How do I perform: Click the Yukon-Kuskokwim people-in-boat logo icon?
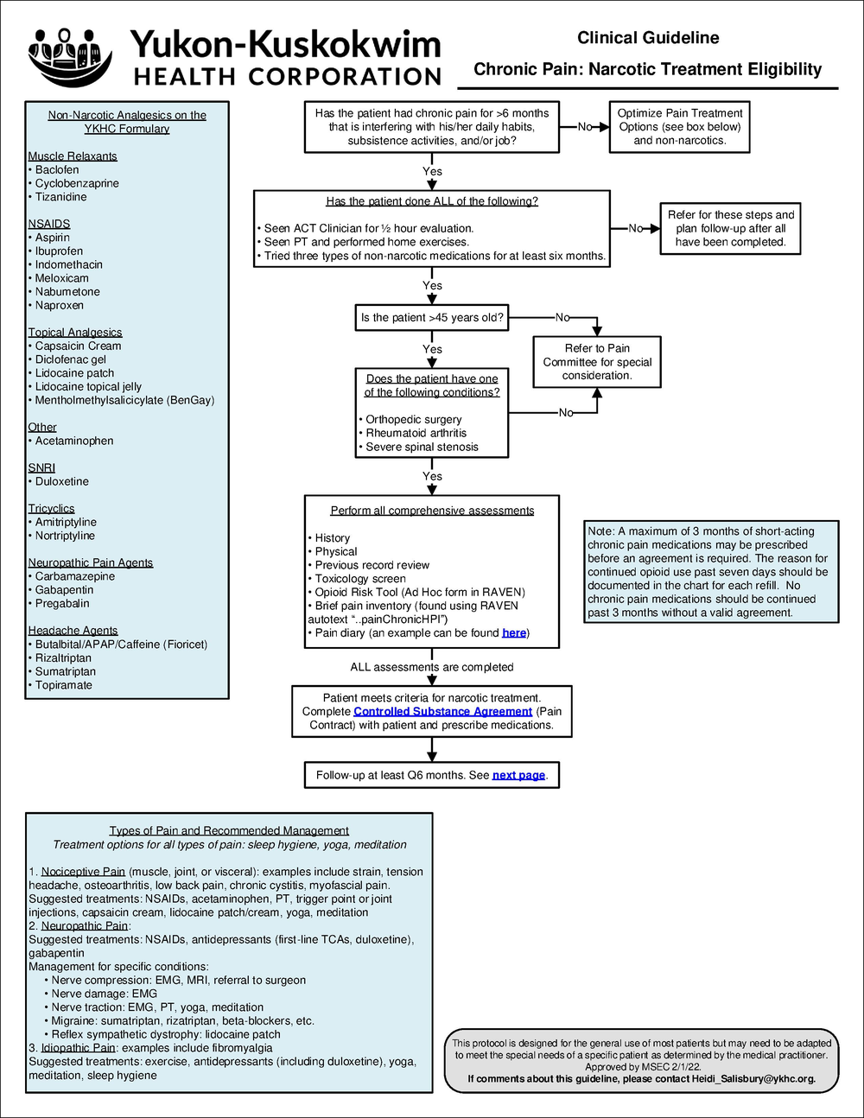coord(70,56)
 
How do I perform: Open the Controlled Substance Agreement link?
coord(442,711)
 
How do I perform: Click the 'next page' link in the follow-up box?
coord(518,775)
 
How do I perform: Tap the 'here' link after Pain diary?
coord(514,633)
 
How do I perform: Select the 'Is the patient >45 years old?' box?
coord(432,318)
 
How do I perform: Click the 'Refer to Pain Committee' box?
coord(597,362)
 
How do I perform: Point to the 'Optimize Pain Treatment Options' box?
coord(679,127)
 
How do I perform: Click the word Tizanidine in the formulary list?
coord(60,197)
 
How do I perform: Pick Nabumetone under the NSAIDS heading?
coord(67,292)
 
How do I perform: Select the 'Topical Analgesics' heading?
coord(75,333)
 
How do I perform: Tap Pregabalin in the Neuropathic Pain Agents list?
coord(62,604)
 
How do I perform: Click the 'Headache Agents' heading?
coord(73,631)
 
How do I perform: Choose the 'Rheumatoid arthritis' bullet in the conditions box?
coord(416,434)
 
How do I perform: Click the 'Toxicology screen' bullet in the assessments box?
coord(360,579)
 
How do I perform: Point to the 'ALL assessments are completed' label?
coord(431,667)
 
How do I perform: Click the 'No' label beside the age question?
coord(562,318)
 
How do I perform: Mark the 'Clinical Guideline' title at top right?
coord(648,38)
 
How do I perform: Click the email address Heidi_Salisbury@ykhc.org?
coord(753,1078)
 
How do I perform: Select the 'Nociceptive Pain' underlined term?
coord(83,872)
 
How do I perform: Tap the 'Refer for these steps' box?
coord(730,229)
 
